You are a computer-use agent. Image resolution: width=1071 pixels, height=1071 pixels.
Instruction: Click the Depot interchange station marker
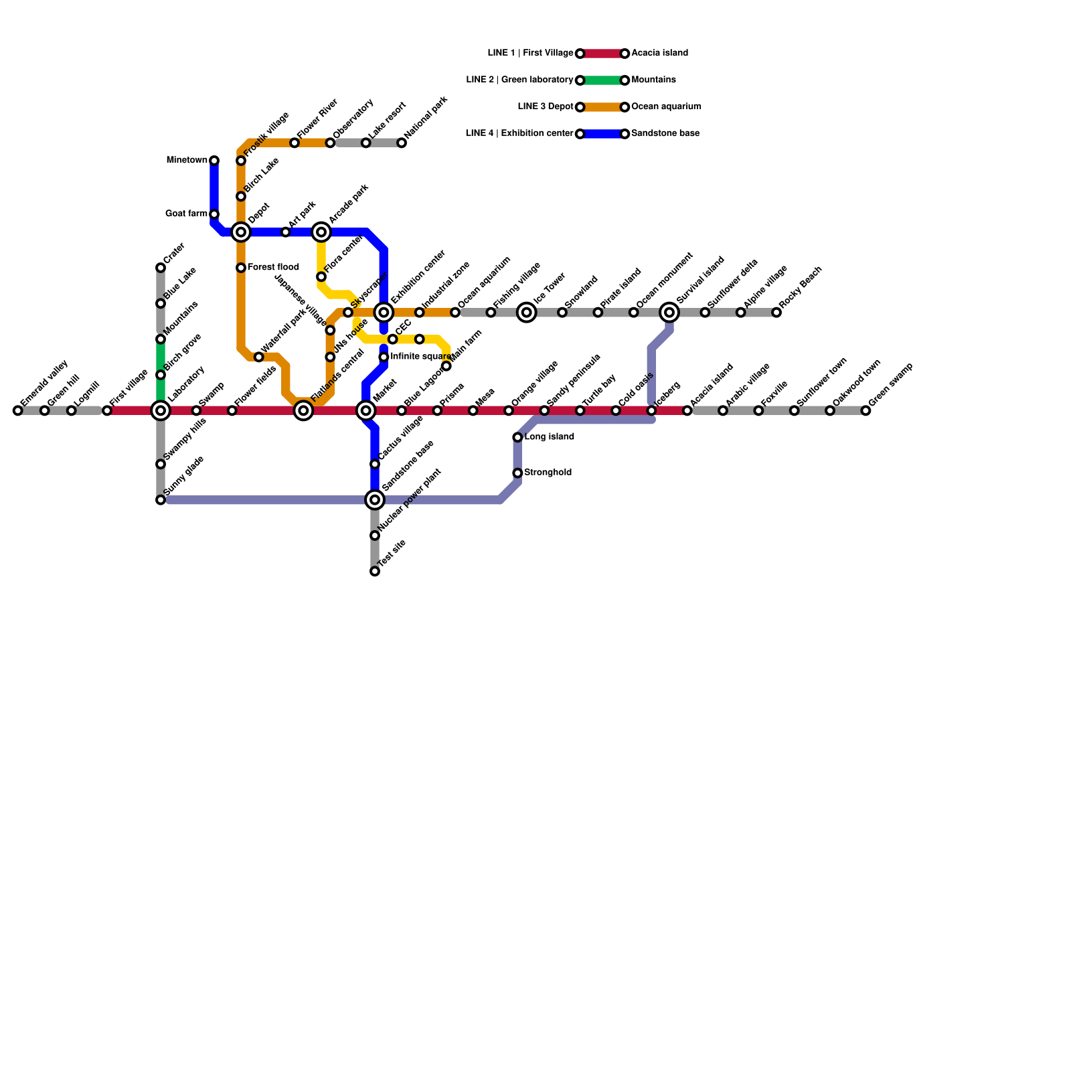[241, 232]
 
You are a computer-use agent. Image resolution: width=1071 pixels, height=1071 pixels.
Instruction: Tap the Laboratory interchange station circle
[161, 410]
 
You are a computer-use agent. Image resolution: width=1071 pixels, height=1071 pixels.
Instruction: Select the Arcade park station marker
[321, 232]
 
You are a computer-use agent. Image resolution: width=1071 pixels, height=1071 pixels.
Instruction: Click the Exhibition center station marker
[384, 312]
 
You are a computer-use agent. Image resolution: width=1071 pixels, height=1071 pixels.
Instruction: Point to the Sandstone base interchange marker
[375, 499]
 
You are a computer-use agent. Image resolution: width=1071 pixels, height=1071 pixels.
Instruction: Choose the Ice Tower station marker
[527, 312]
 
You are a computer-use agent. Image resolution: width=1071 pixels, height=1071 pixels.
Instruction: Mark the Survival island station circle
[669, 312]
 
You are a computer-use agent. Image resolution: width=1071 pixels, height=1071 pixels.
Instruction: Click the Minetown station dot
[214, 161]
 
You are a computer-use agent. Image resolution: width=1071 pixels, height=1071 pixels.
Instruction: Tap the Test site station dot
[375, 571]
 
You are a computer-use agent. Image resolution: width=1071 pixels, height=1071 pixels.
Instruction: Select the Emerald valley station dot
[18, 410]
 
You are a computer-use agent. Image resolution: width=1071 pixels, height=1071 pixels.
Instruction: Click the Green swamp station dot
[866, 410]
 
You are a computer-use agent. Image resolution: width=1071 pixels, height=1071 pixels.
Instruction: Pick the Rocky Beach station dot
[776, 312]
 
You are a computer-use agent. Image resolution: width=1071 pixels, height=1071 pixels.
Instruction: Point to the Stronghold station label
[548, 473]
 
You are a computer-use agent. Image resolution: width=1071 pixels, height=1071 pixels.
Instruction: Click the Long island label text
[549, 437]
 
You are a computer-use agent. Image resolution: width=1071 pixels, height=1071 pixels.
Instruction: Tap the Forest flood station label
[273, 268]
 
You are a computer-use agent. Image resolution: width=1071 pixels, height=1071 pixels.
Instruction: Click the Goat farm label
[186, 214]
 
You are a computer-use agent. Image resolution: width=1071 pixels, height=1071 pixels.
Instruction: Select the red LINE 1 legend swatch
[602, 54]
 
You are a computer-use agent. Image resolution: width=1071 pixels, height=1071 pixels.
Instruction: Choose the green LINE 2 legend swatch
[602, 80]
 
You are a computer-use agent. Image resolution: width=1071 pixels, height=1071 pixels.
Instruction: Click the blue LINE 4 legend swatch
[602, 134]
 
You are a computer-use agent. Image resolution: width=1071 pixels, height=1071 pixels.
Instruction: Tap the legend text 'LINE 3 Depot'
[546, 107]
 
